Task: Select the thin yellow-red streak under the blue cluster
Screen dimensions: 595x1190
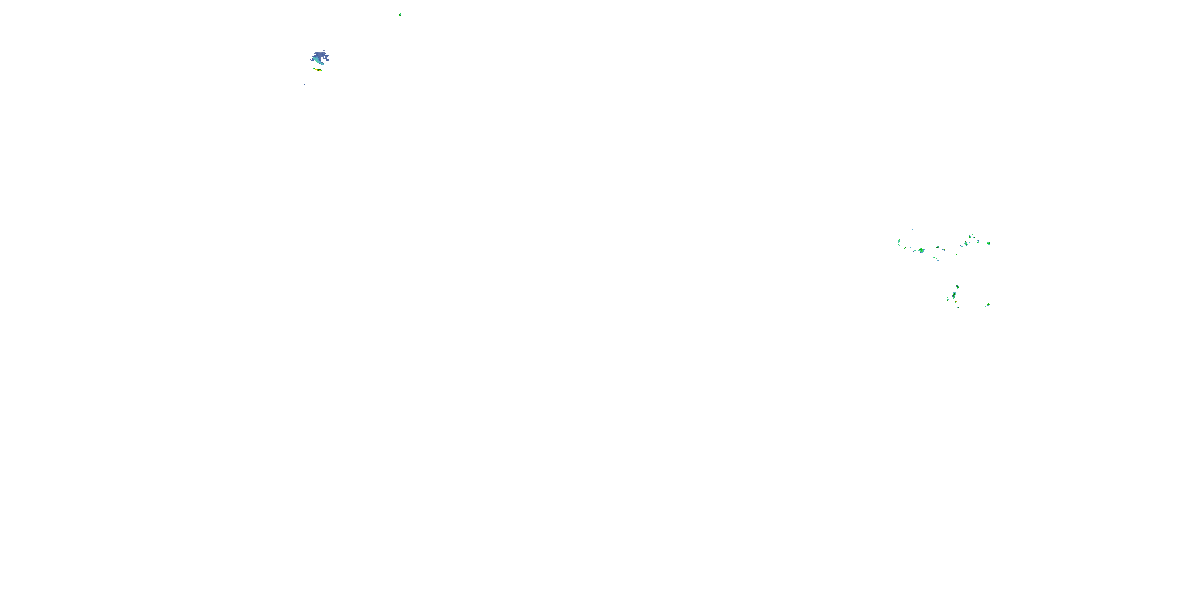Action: (317, 69)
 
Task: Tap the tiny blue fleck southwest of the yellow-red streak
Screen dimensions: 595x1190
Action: (304, 84)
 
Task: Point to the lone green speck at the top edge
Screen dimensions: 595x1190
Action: (399, 15)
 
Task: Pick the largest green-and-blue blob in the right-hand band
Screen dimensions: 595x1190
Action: (921, 250)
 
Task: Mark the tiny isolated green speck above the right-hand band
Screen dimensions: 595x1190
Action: (913, 229)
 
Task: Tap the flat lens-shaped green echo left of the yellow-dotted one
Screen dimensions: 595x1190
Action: (938, 247)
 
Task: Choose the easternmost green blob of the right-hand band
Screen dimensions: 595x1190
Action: (988, 244)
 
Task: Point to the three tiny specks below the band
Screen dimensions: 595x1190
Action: (936, 259)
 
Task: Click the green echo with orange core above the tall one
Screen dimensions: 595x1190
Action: (958, 287)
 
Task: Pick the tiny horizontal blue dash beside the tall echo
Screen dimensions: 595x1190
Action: (959, 299)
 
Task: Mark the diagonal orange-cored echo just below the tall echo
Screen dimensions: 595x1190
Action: (956, 302)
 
